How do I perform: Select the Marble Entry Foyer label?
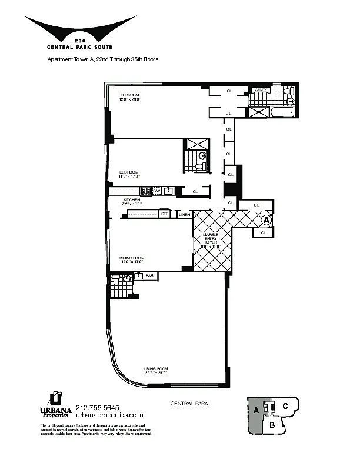tap(211, 240)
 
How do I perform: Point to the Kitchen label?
tap(132, 202)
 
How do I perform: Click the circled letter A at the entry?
tap(266, 220)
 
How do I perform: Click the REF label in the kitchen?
tap(165, 214)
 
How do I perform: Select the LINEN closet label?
tap(185, 215)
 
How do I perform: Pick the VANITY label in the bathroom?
tap(260, 90)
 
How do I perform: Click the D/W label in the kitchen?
tap(156, 191)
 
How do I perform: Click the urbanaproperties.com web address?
tap(109, 415)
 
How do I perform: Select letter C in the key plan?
tap(285, 405)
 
